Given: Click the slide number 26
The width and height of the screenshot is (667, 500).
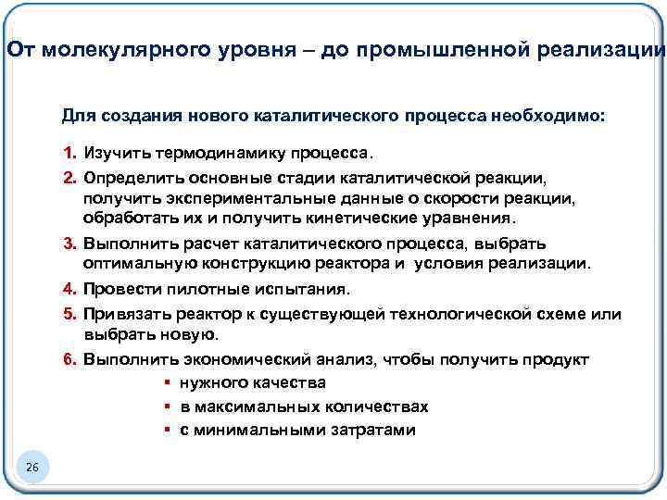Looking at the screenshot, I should click(31, 469).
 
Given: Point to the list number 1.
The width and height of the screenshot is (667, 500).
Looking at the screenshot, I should click(69, 152).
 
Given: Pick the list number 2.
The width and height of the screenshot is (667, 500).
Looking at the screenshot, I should click(69, 176).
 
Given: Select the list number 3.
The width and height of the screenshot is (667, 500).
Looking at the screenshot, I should click(69, 244).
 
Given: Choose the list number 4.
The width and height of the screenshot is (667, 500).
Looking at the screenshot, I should click(69, 289).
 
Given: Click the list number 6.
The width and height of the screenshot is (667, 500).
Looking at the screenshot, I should click(69, 359).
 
